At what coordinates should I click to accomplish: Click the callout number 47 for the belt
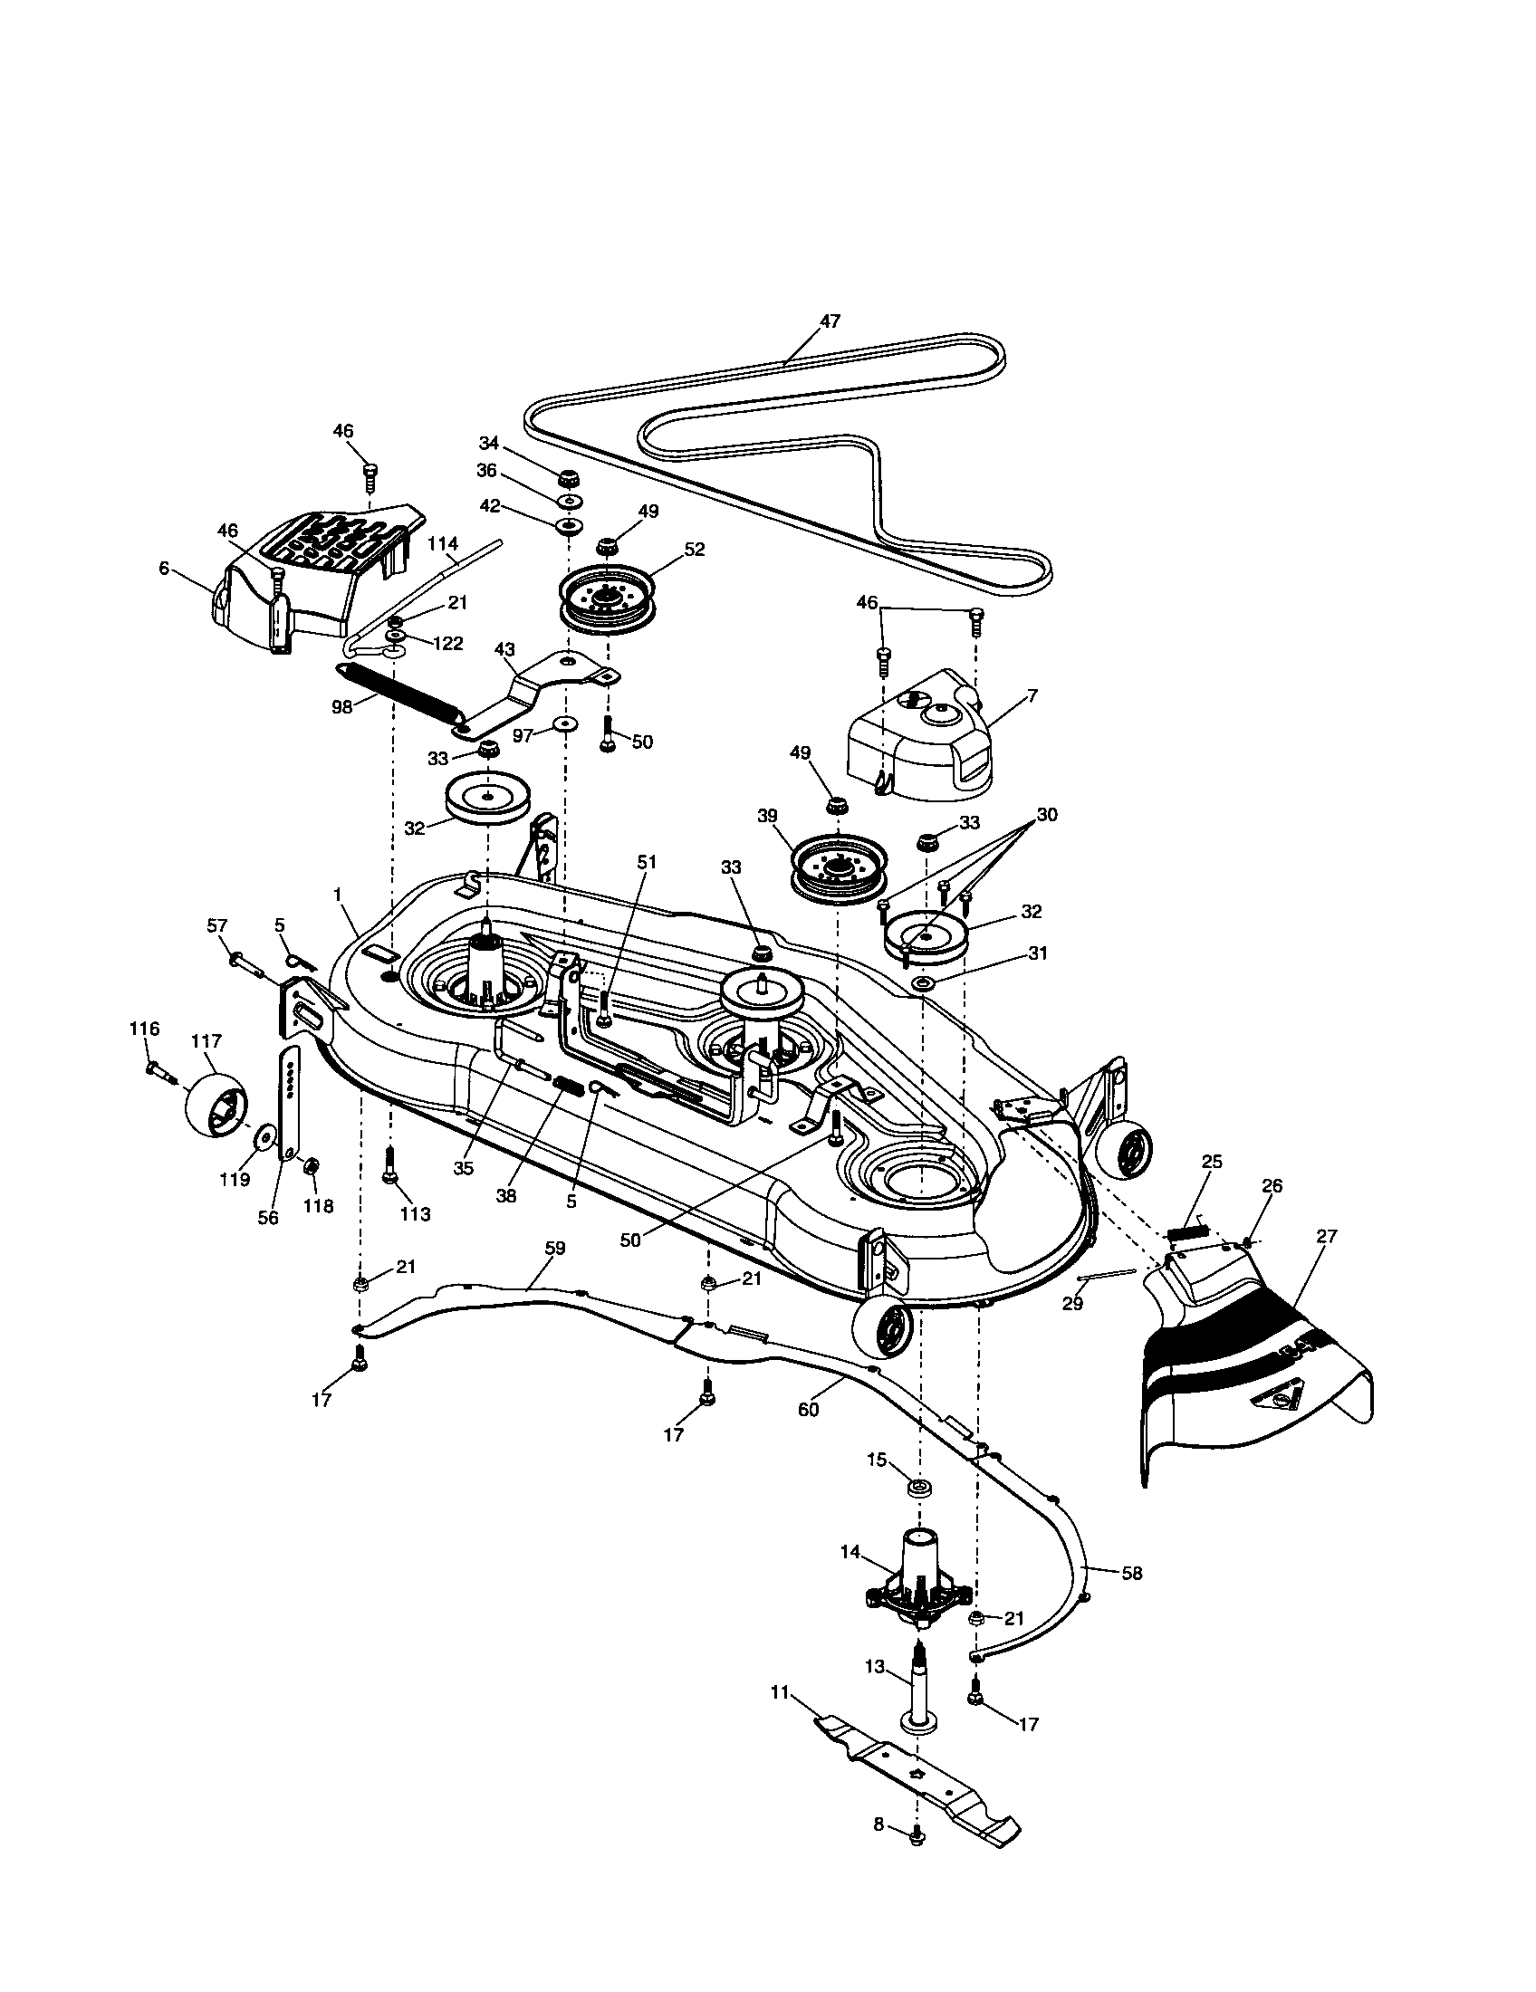pos(829,321)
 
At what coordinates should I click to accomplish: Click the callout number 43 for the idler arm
pos(504,649)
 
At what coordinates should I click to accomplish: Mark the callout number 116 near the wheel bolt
pos(144,1029)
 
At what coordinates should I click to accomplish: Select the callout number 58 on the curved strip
pos(1132,1573)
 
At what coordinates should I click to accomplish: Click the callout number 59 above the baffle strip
pos(554,1248)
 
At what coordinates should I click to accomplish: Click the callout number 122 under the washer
pos(447,643)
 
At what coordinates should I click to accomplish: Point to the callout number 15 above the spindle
pos(876,1460)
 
